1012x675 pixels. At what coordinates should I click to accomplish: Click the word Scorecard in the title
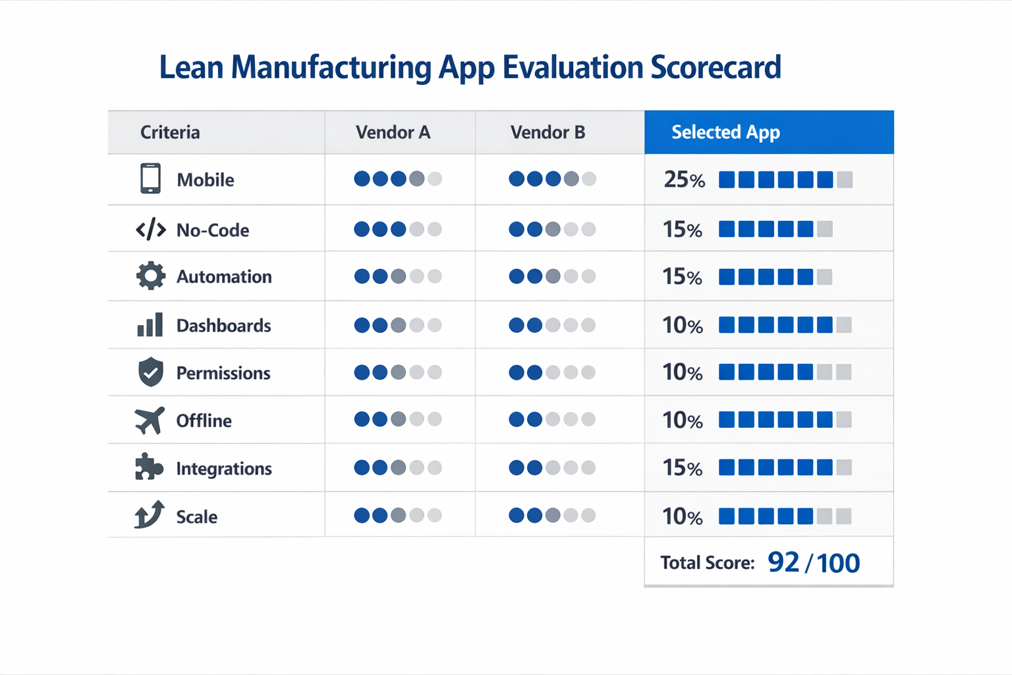716,68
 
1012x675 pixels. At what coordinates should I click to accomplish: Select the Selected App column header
725,132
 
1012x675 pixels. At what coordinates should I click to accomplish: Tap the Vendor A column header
393,132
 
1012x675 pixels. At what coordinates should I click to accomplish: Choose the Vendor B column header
548,132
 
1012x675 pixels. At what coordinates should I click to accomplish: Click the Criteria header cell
170,132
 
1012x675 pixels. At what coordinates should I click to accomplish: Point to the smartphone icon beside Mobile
150,179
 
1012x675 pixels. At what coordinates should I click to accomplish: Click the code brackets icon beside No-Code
150,229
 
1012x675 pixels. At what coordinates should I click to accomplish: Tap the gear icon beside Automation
150,276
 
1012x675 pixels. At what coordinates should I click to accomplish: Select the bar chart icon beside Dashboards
150,325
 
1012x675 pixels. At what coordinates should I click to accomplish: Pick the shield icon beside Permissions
150,372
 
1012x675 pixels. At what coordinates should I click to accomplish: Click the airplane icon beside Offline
150,420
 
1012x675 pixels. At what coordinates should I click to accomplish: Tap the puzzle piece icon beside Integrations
149,467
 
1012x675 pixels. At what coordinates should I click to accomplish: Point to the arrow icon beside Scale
150,515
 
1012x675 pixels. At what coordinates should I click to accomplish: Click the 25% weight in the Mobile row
684,179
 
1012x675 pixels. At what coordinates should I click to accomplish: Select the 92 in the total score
783,562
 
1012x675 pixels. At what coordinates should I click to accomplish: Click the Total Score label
707,563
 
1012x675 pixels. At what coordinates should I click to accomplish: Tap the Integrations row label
223,469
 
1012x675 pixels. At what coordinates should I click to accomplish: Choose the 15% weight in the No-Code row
682,229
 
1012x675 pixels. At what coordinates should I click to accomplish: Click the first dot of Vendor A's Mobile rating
362,179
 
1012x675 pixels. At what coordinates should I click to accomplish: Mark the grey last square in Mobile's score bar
845,179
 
